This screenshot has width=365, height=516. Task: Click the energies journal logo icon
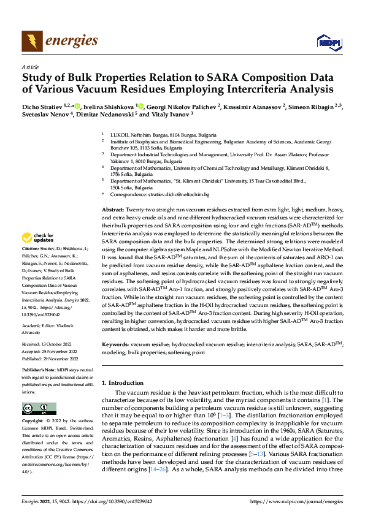tap(29, 41)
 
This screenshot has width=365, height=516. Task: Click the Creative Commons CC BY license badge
tap(39, 408)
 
